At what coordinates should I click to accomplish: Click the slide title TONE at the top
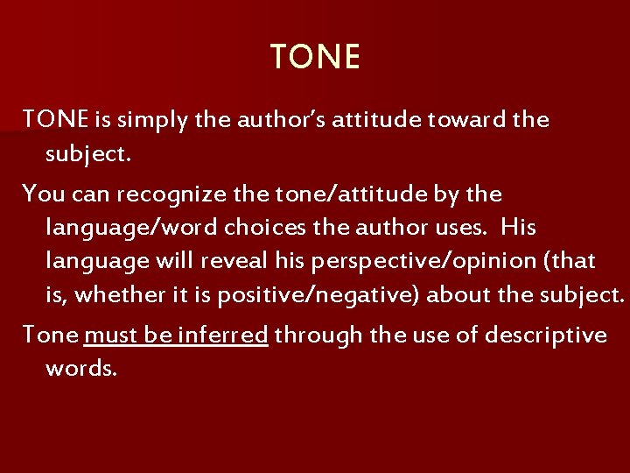315,58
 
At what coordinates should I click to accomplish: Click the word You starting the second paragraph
40,191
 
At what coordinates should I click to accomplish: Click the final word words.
80,368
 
